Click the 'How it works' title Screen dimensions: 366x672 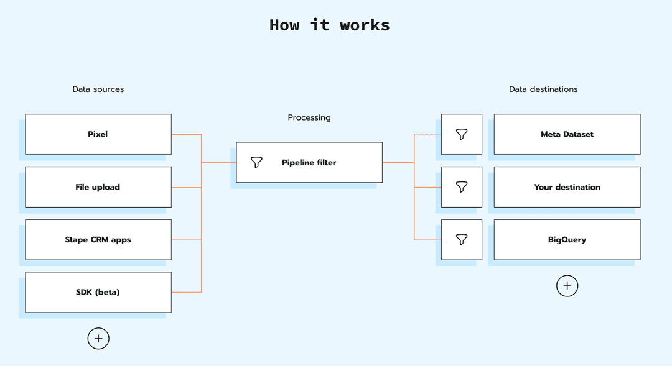(329, 25)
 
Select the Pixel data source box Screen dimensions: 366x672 (98, 134)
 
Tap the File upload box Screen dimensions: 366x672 (98, 187)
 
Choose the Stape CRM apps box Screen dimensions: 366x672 (98, 240)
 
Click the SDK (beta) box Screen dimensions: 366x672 (98, 292)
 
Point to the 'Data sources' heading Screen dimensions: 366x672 (98, 89)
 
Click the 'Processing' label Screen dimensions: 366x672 (309, 117)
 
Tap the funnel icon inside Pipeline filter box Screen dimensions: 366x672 (256, 163)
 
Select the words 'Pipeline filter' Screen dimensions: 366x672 (309, 163)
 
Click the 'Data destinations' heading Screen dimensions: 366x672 (543, 89)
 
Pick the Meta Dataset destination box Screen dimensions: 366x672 (567, 134)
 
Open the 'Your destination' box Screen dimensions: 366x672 (567, 187)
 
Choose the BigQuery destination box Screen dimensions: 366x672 (567, 240)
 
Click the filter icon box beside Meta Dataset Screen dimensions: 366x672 (461, 134)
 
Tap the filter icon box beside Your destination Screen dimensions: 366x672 (461, 187)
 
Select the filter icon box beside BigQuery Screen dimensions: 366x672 (461, 240)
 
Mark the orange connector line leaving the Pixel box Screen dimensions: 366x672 (186, 134)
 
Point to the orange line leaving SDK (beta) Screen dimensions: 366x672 (186, 292)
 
